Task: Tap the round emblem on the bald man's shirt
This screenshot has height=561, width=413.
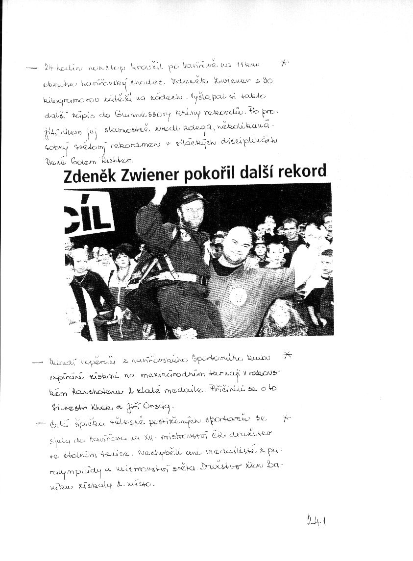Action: pyautogui.click(x=238, y=296)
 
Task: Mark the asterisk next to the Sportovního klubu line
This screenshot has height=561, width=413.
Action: pyautogui.click(x=288, y=355)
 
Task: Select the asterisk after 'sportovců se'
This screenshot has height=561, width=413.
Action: pyautogui.click(x=288, y=418)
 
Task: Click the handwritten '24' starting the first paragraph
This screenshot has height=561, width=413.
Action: pyautogui.click(x=49, y=67)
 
